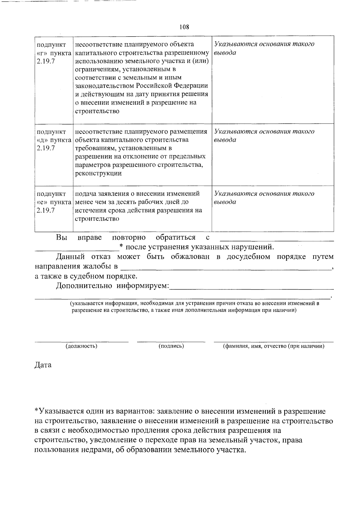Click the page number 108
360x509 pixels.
[x=184, y=27]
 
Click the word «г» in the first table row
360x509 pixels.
[x=42, y=53]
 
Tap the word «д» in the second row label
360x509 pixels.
[x=42, y=140]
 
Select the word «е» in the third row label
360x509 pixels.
[x=42, y=202]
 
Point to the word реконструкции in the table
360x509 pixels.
[x=98, y=173]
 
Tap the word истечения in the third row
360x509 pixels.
[x=88, y=210]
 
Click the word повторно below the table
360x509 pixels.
[x=129, y=238]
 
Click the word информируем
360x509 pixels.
[x=143, y=286]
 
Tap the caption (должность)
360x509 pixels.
[x=81, y=346]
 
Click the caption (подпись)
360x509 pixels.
[x=171, y=346]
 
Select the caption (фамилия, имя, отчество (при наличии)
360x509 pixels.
[x=273, y=346]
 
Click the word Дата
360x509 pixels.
[x=43, y=365]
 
